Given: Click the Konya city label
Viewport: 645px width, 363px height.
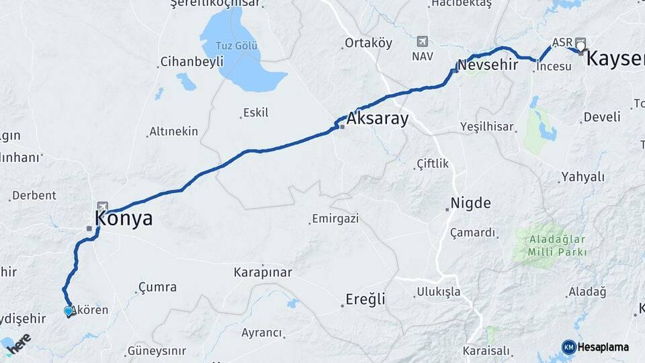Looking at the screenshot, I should click(124, 218).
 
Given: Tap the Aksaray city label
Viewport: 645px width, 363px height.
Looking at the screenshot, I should click(378, 119).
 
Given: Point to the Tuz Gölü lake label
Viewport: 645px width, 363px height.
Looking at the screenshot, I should click(236, 46).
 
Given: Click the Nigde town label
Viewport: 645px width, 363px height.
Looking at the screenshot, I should click(470, 203).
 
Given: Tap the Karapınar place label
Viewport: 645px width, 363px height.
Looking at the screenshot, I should click(263, 273).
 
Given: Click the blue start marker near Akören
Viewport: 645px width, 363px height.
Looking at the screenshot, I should click(68, 311).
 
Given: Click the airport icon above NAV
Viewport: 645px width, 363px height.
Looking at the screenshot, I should click(421, 41).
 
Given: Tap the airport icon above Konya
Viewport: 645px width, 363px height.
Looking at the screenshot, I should click(102, 206).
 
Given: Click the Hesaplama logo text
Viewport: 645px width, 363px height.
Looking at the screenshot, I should click(603, 347).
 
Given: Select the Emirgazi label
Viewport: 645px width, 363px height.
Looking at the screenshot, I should click(335, 218).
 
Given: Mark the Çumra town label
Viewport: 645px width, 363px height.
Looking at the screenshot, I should click(157, 288).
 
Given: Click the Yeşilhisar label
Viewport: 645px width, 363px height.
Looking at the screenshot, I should click(487, 126).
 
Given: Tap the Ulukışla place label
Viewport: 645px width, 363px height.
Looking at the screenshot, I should click(438, 292).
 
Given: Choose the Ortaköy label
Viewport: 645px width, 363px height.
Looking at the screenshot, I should click(368, 43).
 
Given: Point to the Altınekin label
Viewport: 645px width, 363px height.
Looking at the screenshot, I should click(173, 131).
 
